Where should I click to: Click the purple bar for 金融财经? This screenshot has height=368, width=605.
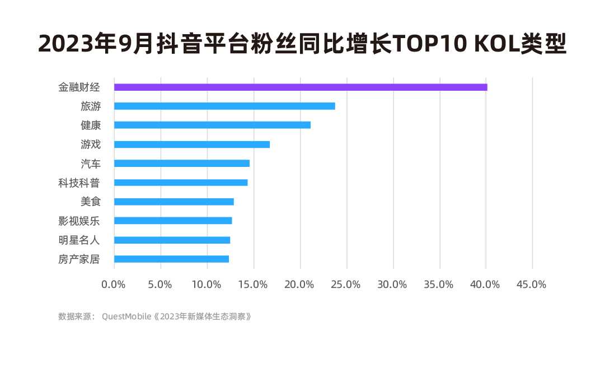(x=301, y=87)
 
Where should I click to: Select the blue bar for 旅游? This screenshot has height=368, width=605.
(x=224, y=106)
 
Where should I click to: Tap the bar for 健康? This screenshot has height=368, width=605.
(x=212, y=125)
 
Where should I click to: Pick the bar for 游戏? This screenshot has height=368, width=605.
(x=192, y=145)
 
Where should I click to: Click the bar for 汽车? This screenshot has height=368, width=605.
(x=182, y=164)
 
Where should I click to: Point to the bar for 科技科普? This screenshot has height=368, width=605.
(x=181, y=183)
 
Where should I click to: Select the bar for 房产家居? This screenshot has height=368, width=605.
(x=171, y=259)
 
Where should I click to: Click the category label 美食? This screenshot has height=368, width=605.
(x=91, y=202)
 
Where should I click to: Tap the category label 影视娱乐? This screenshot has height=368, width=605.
(x=79, y=221)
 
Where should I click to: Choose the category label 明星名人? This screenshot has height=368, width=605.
(x=79, y=240)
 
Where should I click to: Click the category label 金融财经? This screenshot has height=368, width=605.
(x=79, y=87)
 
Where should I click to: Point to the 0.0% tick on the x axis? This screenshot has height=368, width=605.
(x=114, y=285)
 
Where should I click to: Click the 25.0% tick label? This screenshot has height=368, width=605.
(x=346, y=285)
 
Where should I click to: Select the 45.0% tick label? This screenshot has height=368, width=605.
(x=532, y=285)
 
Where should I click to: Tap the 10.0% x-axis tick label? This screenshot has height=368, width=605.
(x=207, y=285)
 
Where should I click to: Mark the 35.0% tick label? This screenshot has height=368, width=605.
(x=439, y=285)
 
